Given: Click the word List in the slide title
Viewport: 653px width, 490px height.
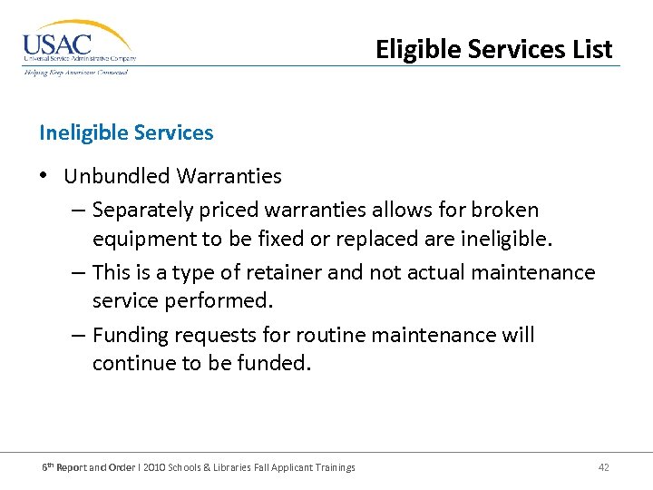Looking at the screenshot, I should coord(590,49).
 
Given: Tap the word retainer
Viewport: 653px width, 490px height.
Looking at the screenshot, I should coord(284,273).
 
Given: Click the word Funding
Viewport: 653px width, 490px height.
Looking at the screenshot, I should coord(131,336).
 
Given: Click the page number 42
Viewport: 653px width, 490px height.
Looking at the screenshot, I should coord(603,467).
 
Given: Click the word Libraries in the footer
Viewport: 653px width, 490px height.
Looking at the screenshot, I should coord(236,467).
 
